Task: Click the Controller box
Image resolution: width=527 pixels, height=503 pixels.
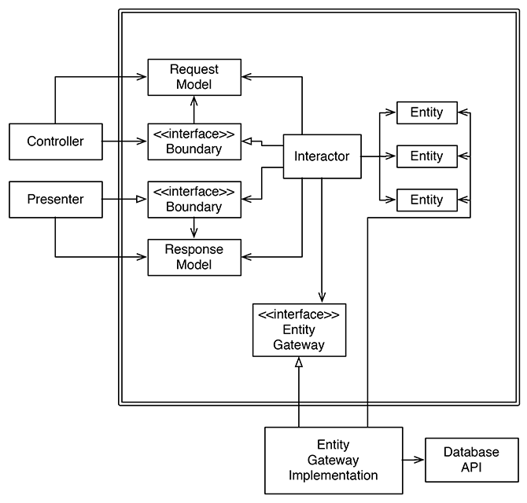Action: [56, 141]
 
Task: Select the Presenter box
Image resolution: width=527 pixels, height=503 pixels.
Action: [56, 200]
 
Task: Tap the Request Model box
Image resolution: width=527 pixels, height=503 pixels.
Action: [194, 76]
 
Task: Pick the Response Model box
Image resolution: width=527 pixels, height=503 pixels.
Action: [194, 257]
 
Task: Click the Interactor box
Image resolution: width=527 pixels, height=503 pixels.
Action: [322, 156]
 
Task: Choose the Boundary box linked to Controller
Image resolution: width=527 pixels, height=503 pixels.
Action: [194, 141]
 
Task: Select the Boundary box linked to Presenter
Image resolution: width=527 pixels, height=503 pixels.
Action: [194, 200]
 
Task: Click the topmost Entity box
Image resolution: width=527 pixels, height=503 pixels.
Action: [426, 112]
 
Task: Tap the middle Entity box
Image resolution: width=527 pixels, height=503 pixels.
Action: [426, 156]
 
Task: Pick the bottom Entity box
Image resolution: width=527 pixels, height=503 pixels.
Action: [426, 200]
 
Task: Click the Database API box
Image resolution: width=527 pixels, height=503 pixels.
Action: [471, 460]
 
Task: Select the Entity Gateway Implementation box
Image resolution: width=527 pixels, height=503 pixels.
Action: [334, 460]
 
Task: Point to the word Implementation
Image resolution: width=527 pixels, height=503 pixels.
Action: [334, 475]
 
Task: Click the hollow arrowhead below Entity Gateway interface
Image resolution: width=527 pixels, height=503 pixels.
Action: [299, 363]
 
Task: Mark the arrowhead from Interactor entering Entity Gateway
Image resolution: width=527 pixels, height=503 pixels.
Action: [321, 297]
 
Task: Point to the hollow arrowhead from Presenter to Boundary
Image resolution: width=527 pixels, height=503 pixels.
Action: [143, 200]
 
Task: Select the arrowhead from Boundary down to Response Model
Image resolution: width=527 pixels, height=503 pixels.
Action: [194, 233]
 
